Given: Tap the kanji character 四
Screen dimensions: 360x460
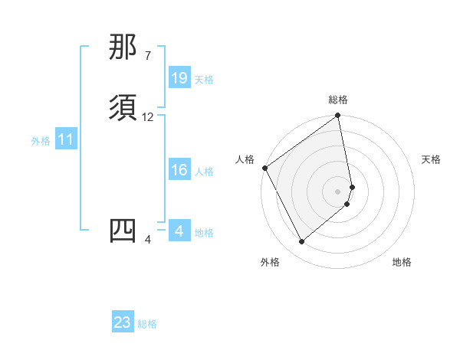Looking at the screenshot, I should (123, 231).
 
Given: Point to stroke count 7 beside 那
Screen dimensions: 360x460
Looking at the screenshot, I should (147, 56).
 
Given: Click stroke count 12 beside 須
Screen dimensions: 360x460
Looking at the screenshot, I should (148, 117).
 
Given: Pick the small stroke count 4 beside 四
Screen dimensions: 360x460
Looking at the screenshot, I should (148, 240).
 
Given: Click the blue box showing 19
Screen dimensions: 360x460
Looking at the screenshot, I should (179, 78).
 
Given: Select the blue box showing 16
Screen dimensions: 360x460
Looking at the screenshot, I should (179, 170).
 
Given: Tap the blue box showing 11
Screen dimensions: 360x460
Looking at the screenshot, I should (66, 139).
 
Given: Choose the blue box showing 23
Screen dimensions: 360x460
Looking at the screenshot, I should (123, 322).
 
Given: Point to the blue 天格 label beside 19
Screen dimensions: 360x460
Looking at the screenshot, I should (204, 80).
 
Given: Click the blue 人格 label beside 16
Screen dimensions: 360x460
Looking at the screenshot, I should (204, 172).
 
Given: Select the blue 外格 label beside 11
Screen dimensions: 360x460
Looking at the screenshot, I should (41, 141).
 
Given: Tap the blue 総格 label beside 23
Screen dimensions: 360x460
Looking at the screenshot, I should (147, 324).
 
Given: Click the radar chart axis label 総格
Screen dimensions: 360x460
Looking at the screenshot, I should (338, 100).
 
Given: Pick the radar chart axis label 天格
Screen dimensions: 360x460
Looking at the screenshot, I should (431, 159).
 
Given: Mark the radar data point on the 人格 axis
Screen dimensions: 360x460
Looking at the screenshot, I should (264, 168).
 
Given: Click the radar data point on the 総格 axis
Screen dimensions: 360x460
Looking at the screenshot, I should (338, 116).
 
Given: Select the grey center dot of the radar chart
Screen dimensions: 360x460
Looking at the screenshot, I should (338, 191).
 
